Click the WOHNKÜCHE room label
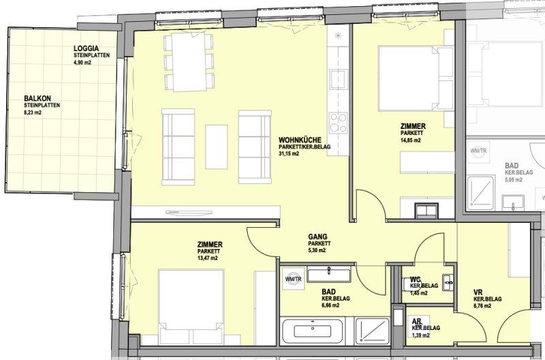pos(300,140)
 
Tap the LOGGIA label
pos(87,48)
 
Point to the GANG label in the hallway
pos(317,237)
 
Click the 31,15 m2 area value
pos(288,153)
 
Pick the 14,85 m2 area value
pos(411,140)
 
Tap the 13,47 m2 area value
pos(208,258)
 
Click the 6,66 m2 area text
pos(330,305)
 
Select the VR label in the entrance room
pos(478,292)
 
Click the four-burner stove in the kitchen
pos(338,123)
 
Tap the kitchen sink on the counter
pos(339,78)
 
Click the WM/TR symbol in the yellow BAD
pos(294,279)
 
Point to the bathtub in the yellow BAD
pos(312,331)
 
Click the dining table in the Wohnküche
pos(189,61)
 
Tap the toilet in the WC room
pos(407,284)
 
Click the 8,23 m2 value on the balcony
pos(33,112)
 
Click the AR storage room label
pos(416,321)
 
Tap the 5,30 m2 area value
pos(317,250)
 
